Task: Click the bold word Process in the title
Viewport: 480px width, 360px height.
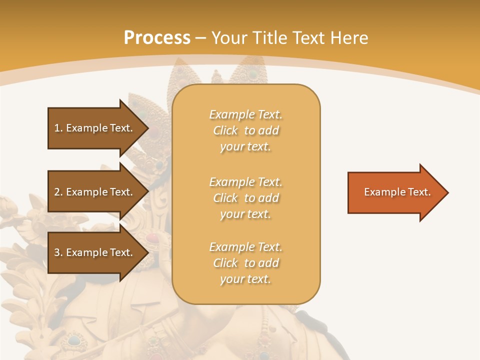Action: click(157, 38)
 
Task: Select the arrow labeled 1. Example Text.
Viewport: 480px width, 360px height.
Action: click(95, 128)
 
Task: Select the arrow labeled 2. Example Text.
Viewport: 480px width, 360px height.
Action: click(95, 192)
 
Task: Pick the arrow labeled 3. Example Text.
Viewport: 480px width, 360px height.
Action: click(95, 252)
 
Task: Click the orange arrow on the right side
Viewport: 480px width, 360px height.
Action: click(395, 192)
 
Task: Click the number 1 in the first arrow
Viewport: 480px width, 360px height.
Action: click(57, 128)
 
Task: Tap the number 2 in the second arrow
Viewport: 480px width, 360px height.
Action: click(57, 192)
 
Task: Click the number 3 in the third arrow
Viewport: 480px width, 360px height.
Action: click(57, 252)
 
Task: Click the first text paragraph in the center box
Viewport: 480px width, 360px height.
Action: click(246, 130)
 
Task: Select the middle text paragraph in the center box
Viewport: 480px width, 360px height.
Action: click(246, 198)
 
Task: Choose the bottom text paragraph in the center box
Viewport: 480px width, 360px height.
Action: click(246, 263)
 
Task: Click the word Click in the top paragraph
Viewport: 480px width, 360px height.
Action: click(225, 130)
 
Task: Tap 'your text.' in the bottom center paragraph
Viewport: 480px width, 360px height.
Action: click(245, 279)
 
